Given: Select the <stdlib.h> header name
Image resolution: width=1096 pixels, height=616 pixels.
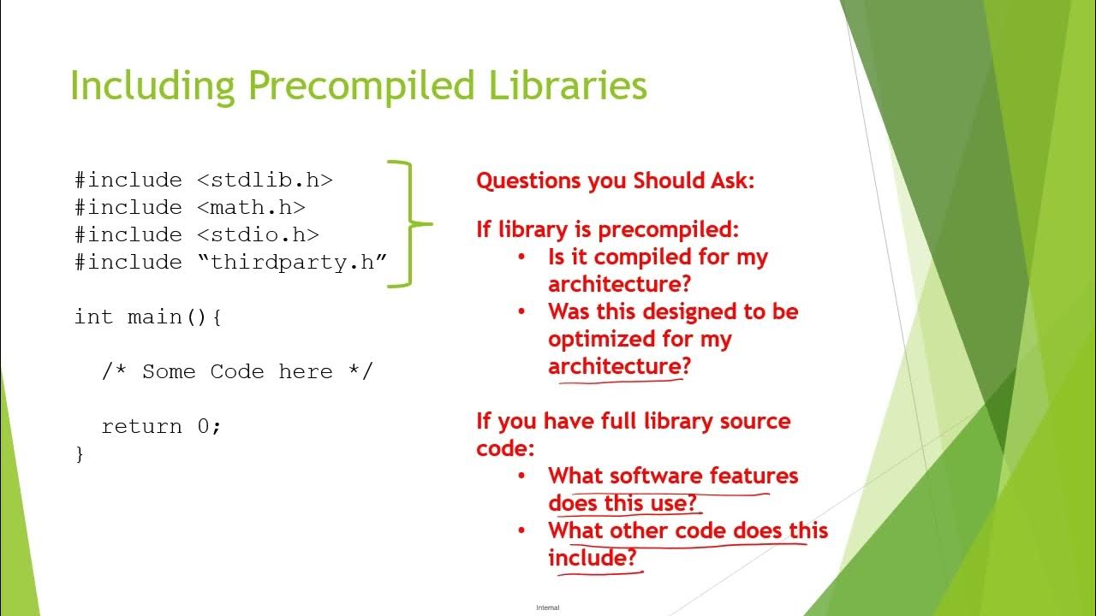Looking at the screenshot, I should click(x=265, y=181).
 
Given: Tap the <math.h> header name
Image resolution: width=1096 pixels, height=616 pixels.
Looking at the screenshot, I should click(x=251, y=208).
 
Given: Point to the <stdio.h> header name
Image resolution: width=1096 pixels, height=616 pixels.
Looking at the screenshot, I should click(x=258, y=235).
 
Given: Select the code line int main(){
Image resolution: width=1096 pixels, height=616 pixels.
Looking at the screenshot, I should click(x=148, y=317).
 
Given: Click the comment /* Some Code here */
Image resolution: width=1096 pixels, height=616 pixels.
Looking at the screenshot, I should click(x=237, y=372).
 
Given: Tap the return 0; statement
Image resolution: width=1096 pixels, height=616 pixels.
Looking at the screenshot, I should click(x=161, y=427).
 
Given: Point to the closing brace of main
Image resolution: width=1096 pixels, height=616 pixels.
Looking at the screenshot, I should click(x=80, y=453).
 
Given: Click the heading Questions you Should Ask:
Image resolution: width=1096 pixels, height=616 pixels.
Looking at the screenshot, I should click(x=615, y=181).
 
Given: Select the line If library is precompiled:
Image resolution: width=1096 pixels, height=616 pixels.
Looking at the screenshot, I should click(x=607, y=229).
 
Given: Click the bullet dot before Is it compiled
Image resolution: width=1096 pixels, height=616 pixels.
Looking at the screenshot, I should click(x=521, y=258).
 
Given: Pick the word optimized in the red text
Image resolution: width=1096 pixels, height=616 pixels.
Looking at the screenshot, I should click(x=595, y=339).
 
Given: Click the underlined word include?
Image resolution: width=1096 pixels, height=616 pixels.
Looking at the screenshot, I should click(x=593, y=558).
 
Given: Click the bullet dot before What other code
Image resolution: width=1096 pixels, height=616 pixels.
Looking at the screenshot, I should click(x=521, y=531).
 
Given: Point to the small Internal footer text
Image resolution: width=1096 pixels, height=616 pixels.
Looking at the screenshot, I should click(x=547, y=607).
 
